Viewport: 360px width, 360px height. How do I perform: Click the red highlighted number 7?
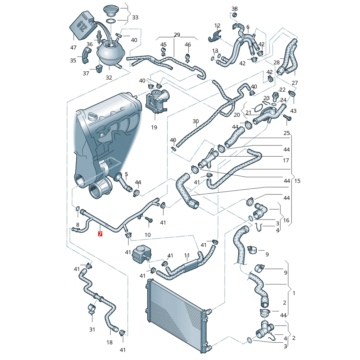[100, 234]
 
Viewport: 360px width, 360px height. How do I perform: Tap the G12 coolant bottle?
[82, 26]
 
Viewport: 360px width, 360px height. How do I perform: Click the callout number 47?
[73, 48]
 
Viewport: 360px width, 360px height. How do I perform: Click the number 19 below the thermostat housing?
[154, 127]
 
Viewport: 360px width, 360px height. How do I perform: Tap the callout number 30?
[195, 121]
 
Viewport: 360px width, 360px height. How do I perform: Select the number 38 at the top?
[234, 9]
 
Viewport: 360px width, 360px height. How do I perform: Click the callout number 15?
[297, 181]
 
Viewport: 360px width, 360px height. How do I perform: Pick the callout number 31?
[92, 329]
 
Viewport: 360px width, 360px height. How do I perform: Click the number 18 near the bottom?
[109, 342]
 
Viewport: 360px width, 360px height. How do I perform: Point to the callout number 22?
[282, 90]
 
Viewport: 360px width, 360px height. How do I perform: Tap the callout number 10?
[148, 235]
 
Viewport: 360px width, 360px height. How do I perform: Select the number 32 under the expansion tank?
[109, 78]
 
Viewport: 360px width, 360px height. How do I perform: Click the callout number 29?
[177, 35]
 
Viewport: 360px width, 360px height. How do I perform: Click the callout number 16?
[286, 220]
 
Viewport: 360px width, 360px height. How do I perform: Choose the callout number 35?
[73, 60]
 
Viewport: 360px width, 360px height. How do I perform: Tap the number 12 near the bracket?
[217, 26]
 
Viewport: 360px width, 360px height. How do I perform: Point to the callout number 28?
[276, 62]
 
